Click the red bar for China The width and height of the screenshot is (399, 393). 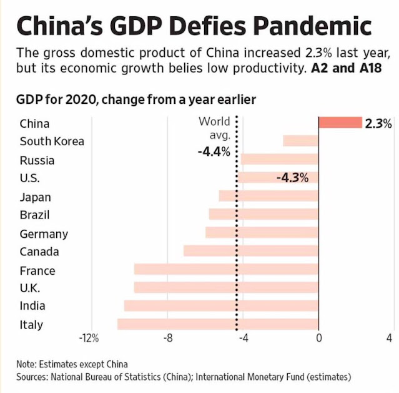pyautogui.click(x=340, y=123)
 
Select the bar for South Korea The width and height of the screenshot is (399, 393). pyautogui.click(x=300, y=141)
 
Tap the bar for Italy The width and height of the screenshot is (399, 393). pyautogui.click(x=218, y=324)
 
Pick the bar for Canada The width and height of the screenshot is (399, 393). pyautogui.click(x=251, y=251)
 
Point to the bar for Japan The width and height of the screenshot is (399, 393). pyautogui.click(x=268, y=196)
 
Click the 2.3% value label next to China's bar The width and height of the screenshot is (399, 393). pyautogui.click(x=378, y=123)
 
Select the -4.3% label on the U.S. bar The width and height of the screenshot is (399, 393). pyautogui.click(x=292, y=178)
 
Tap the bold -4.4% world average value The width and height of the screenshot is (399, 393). pyautogui.click(x=214, y=151)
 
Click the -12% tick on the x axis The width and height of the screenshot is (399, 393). pyautogui.click(x=89, y=339)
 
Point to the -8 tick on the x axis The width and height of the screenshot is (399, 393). pyautogui.click(x=167, y=339)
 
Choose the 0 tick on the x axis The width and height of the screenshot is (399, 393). pyautogui.click(x=318, y=339)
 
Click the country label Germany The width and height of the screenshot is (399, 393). pyautogui.click(x=44, y=233)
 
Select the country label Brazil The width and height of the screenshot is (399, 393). pyautogui.click(x=35, y=215)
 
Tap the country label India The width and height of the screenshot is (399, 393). pyautogui.click(x=32, y=306)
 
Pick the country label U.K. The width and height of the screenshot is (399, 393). pyautogui.click(x=30, y=288)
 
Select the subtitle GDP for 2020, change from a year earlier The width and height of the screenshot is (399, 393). pyautogui.click(x=136, y=99)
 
